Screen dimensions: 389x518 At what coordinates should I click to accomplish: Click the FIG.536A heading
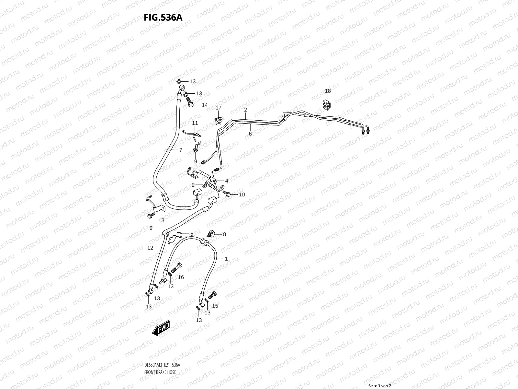click(x=163, y=18)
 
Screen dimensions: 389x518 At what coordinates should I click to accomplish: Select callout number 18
click(x=328, y=91)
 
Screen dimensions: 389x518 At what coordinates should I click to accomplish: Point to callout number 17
click(x=219, y=108)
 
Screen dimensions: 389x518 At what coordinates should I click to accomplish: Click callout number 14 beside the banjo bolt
click(x=205, y=105)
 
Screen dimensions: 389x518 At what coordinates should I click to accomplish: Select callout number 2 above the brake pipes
click(x=246, y=110)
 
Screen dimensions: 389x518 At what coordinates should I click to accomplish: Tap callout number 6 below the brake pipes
click(x=250, y=133)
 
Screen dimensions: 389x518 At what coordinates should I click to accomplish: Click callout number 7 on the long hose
click(x=181, y=150)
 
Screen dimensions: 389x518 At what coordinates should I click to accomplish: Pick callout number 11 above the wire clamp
click(x=195, y=123)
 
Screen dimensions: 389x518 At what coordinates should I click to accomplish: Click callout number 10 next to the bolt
click(x=242, y=194)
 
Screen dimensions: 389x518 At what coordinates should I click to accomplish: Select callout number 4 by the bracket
click(x=227, y=181)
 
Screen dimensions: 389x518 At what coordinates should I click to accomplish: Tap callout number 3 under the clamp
click(x=163, y=220)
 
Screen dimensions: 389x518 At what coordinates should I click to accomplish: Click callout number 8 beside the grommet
click(x=224, y=234)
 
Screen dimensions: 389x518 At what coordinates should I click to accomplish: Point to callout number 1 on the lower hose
click(x=226, y=259)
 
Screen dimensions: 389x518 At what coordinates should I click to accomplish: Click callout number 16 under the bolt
click(x=181, y=277)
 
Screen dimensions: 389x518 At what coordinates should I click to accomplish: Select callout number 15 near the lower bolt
click(x=215, y=306)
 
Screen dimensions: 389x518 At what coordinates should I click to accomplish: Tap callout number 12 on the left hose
click(x=150, y=248)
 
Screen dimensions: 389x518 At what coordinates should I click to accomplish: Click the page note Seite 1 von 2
click(x=380, y=386)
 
